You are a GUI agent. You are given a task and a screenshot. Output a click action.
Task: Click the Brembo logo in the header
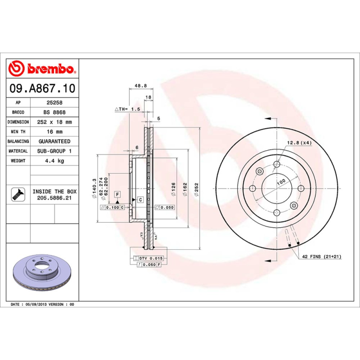click(x=42, y=69)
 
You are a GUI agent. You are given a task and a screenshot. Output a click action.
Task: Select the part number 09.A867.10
click(x=42, y=88)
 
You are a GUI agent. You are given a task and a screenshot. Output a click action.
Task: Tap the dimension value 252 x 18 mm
click(x=54, y=122)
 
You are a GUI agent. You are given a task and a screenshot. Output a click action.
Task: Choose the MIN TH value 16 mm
click(x=54, y=132)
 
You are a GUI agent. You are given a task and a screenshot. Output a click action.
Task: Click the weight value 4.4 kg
click(x=54, y=161)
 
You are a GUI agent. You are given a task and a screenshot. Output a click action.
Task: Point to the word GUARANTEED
click(x=54, y=141)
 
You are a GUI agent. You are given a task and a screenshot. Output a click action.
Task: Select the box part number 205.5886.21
click(x=54, y=198)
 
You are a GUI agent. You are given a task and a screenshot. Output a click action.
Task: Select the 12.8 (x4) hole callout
click(x=299, y=143)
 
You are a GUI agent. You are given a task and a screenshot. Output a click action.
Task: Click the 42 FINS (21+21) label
click(x=321, y=256)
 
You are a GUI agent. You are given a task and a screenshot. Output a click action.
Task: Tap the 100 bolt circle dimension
click(x=281, y=182)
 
